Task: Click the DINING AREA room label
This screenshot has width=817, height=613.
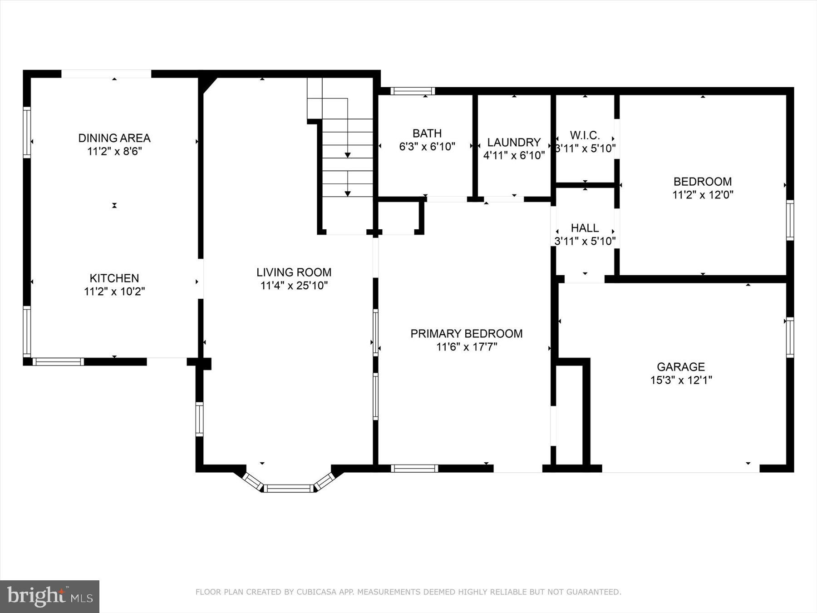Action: click(x=114, y=138)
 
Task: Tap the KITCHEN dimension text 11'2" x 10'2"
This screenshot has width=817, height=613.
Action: click(x=114, y=292)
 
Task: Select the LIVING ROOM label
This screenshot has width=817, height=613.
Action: click(x=294, y=272)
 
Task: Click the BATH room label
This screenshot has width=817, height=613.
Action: click(x=427, y=133)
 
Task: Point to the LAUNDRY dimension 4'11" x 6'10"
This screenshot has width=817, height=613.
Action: click(x=514, y=155)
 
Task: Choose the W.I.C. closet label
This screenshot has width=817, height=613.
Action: click(x=585, y=135)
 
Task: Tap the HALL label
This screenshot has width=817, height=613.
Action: click(x=585, y=227)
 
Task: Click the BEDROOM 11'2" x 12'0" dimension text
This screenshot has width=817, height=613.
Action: click(x=703, y=195)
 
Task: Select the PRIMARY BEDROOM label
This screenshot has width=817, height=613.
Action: click(x=467, y=333)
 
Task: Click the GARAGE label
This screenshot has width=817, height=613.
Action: click(x=680, y=366)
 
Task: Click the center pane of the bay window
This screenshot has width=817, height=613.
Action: click(x=289, y=489)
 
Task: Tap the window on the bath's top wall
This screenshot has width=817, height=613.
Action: click(x=412, y=91)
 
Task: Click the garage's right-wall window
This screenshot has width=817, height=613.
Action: click(x=790, y=337)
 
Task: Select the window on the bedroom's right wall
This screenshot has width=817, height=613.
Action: click(x=790, y=220)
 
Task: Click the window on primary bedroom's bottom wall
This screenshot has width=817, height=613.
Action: click(x=414, y=468)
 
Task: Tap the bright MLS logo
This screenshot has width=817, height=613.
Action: click(x=49, y=596)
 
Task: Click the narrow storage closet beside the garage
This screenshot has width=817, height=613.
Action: click(x=569, y=413)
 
